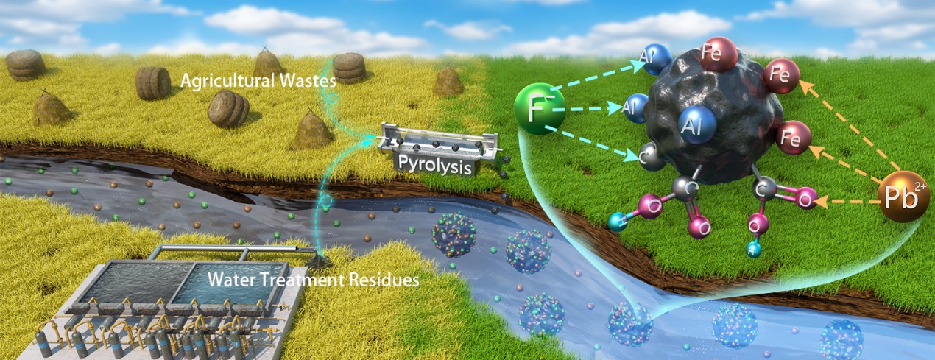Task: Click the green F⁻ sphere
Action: coord(540,110)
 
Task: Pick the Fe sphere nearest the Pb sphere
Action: coord(793,138)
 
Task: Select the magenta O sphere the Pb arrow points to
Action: coord(805,197)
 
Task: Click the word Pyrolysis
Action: coord(434,166)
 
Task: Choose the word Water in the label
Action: coord(228,280)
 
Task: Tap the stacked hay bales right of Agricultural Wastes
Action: coord(349,68)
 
